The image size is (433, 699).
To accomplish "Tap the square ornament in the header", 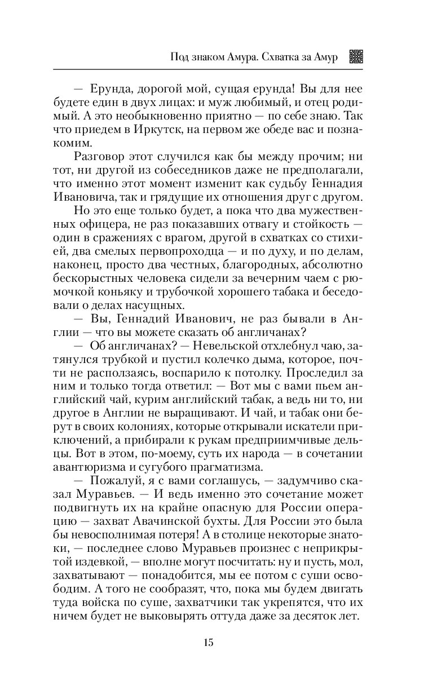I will coord(357,57).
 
